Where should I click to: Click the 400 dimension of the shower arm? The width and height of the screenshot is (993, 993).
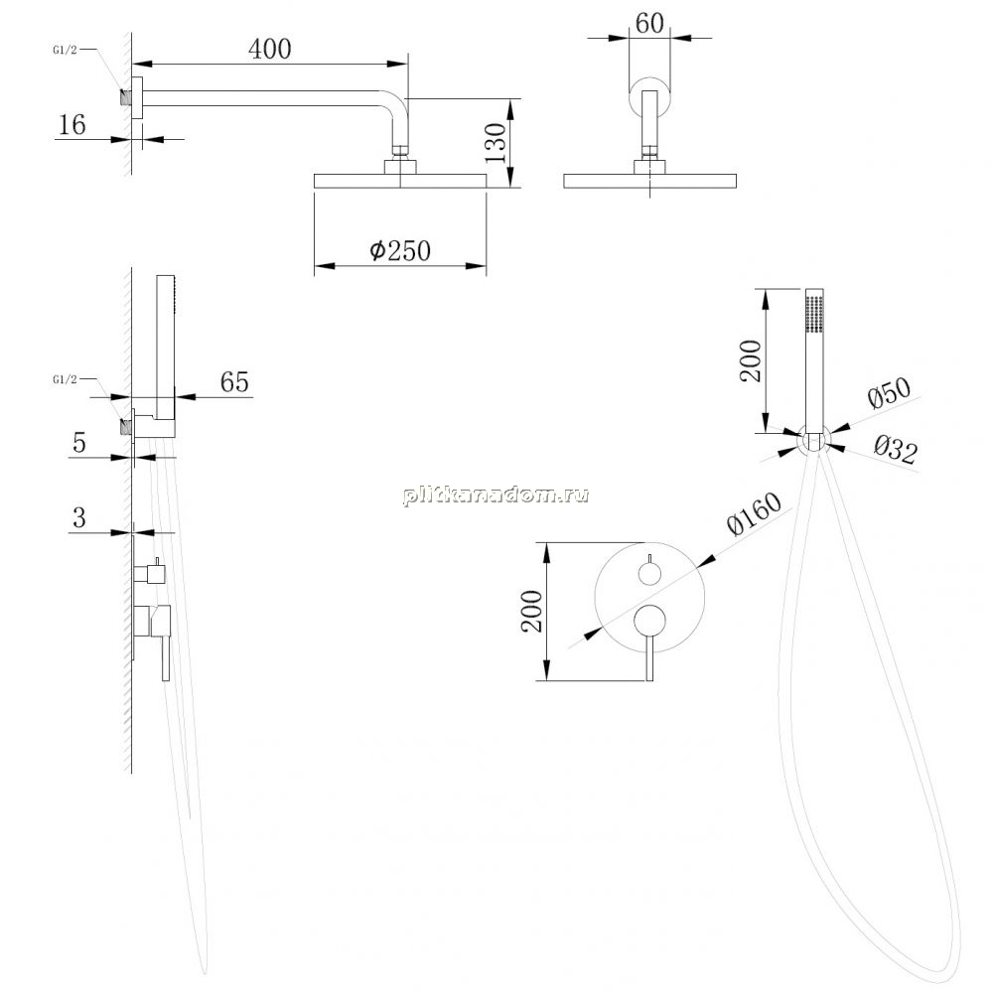coord(270,49)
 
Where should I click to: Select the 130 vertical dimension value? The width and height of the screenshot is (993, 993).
coord(496,143)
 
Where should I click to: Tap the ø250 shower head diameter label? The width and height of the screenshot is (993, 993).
coord(400,251)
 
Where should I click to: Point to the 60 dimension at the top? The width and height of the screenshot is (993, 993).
coord(649,24)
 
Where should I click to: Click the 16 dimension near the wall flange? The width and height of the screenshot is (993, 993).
coord(71,125)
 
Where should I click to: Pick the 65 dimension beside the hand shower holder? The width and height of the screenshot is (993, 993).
coord(234,382)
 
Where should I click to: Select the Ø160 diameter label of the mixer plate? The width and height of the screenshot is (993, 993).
coord(754,513)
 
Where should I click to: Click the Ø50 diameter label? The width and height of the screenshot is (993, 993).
coord(889,392)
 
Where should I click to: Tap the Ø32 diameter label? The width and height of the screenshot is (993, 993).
coord(896,450)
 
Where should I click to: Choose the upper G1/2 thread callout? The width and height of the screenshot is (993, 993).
coord(65,50)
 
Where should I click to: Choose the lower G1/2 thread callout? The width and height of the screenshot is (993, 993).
coord(65,379)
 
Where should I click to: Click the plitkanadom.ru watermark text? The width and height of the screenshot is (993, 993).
coord(496,495)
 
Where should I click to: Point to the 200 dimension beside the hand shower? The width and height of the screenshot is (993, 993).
coord(751,361)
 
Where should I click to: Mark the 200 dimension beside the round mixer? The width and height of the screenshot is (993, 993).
coord(532,611)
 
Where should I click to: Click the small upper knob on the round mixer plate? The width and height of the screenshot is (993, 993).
coord(649,574)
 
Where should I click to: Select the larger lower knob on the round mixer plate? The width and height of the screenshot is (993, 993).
coord(649,620)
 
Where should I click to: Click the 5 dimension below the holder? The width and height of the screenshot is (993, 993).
coord(79,443)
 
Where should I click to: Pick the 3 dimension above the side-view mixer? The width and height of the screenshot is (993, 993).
coord(79,518)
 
